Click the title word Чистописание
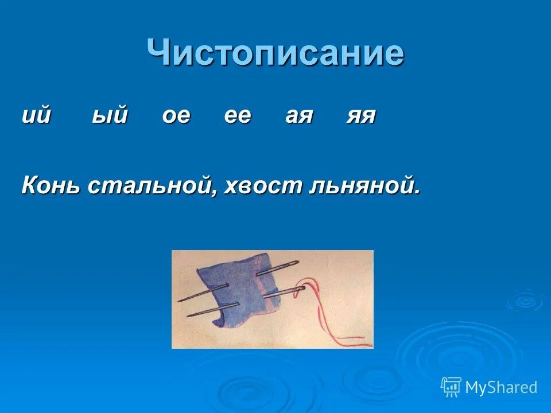point(275,53)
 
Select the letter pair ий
point(37,116)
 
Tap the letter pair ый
point(110,116)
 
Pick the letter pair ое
point(176,116)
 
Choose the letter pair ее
point(237,116)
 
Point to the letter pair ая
point(299,116)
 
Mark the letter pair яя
point(360,116)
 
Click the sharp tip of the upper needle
point(179,300)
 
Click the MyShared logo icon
point(451,387)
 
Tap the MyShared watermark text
point(500,388)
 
